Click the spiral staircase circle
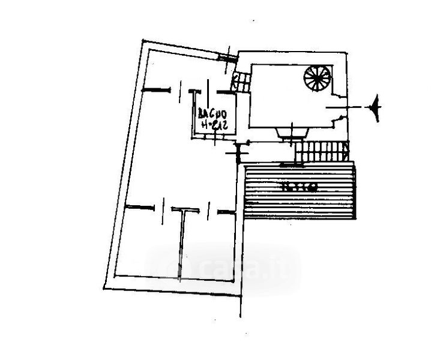click(317, 78)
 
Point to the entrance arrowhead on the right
click(377, 107)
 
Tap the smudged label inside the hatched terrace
click(298, 187)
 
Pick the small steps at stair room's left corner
click(242, 80)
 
